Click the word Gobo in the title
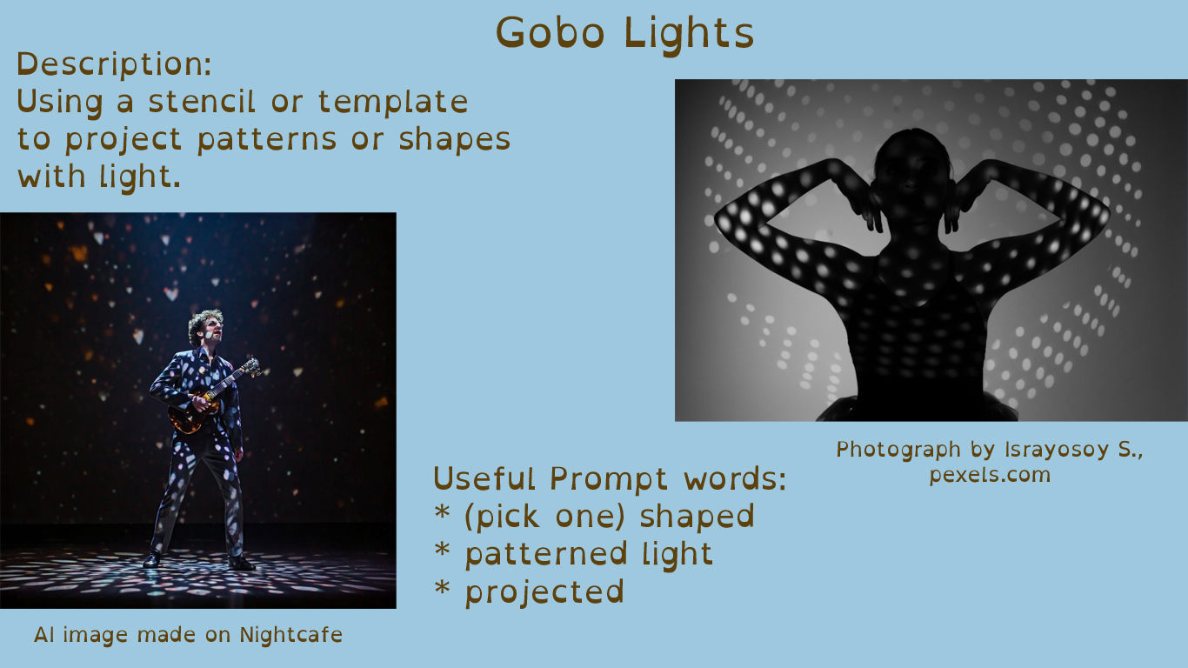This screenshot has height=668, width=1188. pyautogui.click(x=551, y=34)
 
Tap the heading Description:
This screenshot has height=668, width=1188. pyautogui.click(x=114, y=65)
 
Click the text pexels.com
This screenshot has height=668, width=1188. pyautogui.click(x=990, y=475)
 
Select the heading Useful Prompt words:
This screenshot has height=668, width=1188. pyautogui.click(x=610, y=478)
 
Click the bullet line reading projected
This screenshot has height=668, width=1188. pyautogui.click(x=544, y=592)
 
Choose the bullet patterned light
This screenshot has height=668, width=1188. pyautogui.click(x=589, y=554)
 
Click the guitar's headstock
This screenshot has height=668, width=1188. pyautogui.click(x=252, y=368)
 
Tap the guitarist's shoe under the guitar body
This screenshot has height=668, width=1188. pyautogui.click(x=152, y=560)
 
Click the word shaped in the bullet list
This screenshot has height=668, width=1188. pyautogui.click(x=697, y=517)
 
